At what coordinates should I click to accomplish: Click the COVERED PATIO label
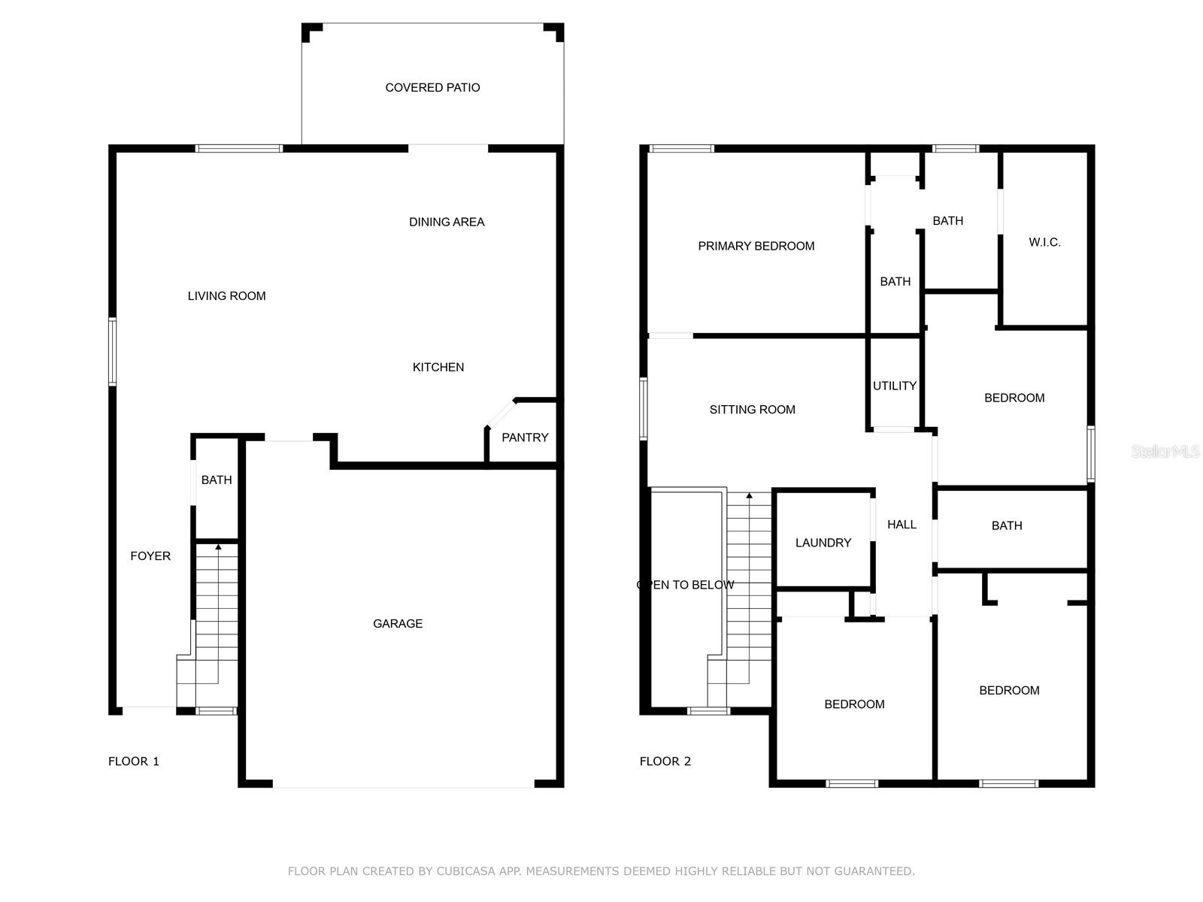click(x=432, y=88)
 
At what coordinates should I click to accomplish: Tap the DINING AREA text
click(x=447, y=222)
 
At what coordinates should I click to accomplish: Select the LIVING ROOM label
click(x=226, y=295)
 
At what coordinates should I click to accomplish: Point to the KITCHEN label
click(x=438, y=367)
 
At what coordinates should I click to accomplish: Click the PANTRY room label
click(x=525, y=437)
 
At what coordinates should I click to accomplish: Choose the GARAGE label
click(x=397, y=623)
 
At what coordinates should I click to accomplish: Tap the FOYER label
click(x=150, y=556)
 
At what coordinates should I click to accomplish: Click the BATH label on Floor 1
click(x=217, y=480)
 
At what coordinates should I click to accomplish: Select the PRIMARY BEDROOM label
click(x=756, y=246)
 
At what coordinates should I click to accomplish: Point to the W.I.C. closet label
click(x=1044, y=242)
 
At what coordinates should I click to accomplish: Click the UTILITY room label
click(x=895, y=386)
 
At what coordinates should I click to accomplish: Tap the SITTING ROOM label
click(x=752, y=409)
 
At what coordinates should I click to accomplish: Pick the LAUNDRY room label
click(x=823, y=542)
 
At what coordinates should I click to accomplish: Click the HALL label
click(x=901, y=524)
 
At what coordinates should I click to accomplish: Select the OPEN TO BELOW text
click(x=685, y=584)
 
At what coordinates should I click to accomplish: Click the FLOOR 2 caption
click(x=665, y=761)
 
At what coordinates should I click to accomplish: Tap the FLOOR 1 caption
click(x=133, y=761)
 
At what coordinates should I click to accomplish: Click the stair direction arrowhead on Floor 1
click(x=218, y=546)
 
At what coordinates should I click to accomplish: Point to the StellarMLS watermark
click(x=1165, y=451)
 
